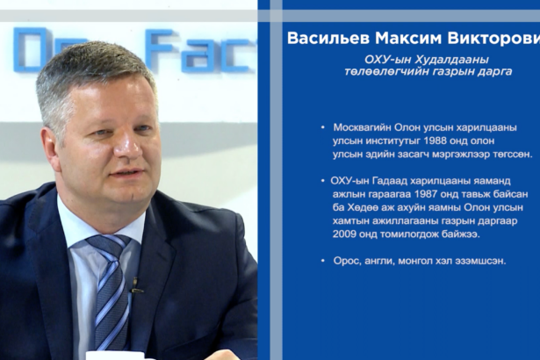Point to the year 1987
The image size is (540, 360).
tap(427, 194)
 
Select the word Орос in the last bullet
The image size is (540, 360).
tap(347, 261)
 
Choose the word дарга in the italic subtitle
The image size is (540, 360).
tap(496, 72)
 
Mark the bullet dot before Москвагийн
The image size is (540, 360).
tap(323, 128)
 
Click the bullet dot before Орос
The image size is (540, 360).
tap(323, 261)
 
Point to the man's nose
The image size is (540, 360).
tap(128, 145)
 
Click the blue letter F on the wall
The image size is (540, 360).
tap(159, 50)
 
